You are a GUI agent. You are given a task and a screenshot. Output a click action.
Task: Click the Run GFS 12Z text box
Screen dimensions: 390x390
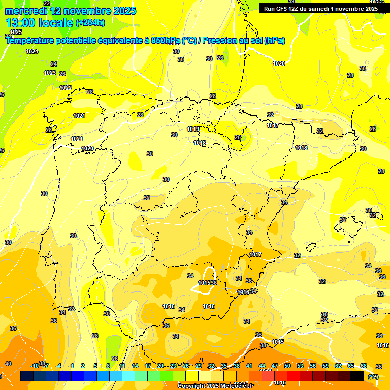[320, 8]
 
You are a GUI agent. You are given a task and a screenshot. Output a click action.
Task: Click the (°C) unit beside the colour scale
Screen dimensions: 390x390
[373, 377]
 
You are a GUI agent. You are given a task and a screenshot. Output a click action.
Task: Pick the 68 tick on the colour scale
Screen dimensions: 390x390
[364, 366]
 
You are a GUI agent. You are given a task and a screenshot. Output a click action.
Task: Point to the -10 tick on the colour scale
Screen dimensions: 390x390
[35, 366]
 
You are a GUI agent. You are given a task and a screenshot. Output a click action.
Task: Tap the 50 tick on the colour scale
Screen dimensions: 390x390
[287, 366]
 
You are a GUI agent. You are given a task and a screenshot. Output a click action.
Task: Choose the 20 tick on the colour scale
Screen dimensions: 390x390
[160, 366]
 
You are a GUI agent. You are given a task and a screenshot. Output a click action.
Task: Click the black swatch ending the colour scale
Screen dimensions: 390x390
[357, 376]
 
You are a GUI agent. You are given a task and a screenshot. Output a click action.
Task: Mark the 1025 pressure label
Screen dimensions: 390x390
[16, 32]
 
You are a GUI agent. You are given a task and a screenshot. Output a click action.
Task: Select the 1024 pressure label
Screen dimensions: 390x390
[32, 51]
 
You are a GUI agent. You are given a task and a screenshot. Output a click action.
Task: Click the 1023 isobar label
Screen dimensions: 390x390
[49, 73]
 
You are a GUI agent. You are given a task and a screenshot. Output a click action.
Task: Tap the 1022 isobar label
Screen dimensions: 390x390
[66, 88]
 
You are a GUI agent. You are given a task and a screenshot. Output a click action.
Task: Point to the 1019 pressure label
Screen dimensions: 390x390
[193, 129]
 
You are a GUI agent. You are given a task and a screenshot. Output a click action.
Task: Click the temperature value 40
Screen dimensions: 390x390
[8, 364]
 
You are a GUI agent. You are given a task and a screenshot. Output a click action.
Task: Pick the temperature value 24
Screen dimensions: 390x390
[54, 64]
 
